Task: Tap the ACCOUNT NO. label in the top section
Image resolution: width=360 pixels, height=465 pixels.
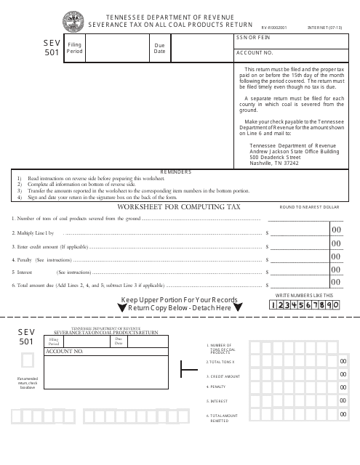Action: pyautogui.click(x=255, y=53)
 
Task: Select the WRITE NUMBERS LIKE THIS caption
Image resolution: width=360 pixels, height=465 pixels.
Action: pyautogui.click(x=304, y=295)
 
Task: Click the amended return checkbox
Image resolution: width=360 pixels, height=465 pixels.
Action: pyautogui.click(x=27, y=360)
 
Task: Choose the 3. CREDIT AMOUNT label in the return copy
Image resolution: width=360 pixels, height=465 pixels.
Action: pyautogui.click(x=223, y=376)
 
